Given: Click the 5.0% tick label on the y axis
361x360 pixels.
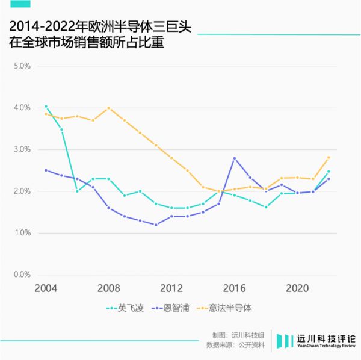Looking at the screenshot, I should tap(22, 66).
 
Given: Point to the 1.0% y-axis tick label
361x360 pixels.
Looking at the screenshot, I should tap(22, 233).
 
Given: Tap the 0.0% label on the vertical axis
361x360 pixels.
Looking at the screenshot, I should tap(22, 275).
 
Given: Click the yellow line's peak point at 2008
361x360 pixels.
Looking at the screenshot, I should tap(108, 108).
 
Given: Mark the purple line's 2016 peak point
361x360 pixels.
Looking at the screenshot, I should tap(234, 158).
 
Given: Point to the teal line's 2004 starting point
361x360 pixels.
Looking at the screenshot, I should tap(46, 107).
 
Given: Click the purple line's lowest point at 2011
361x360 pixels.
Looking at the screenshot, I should tap(156, 225).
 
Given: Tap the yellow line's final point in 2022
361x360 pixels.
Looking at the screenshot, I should tap(329, 158).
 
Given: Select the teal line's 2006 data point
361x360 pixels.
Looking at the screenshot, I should tap(77, 191).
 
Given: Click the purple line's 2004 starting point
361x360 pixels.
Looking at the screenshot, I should tap(46, 170).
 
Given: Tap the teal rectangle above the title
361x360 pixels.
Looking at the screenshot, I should tap(18, 4).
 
